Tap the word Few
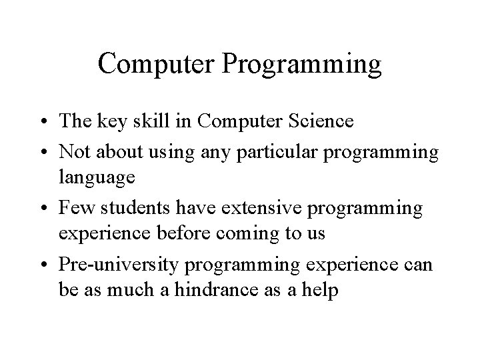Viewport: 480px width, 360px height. click(74, 209)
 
